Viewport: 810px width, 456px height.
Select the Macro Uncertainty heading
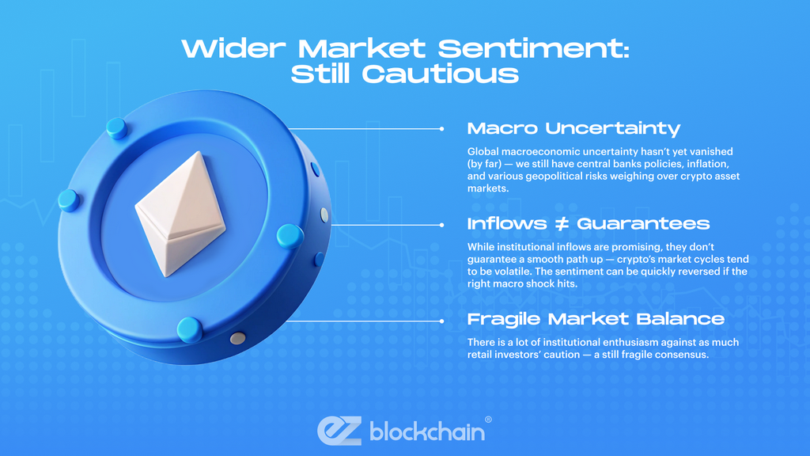pyautogui.click(x=573, y=128)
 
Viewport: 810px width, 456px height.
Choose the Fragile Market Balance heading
pyautogui.click(x=596, y=319)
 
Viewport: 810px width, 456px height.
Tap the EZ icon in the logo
pyautogui.click(x=339, y=430)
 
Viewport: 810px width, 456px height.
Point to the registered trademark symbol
pyautogui.click(x=488, y=420)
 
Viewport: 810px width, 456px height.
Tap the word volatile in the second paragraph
pyautogui.click(x=524, y=272)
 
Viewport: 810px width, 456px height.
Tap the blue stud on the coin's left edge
pyautogui.click(x=69, y=199)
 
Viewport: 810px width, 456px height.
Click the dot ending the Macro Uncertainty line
pyautogui.click(x=441, y=128)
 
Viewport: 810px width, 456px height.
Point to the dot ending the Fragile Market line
pyautogui.click(x=441, y=321)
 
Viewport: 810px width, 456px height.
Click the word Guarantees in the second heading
pyautogui.click(x=643, y=224)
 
